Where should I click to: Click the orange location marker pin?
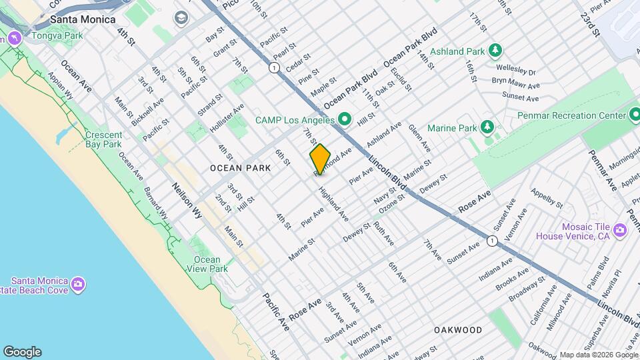click(320, 159)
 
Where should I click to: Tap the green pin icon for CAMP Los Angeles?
click(345, 120)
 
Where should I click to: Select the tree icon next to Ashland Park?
click(495, 51)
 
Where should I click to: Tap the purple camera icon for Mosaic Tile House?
click(621, 230)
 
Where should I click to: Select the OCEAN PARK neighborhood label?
click(240, 168)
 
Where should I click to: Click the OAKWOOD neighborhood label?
click(458, 330)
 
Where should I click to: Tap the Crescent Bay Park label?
click(103, 139)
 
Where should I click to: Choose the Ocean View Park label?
click(207, 264)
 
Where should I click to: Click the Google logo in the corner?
click(22, 352)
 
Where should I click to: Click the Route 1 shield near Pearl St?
click(273, 67)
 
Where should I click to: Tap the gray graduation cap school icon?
click(180, 18)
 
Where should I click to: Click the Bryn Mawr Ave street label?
click(516, 84)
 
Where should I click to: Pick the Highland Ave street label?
click(333, 205)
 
